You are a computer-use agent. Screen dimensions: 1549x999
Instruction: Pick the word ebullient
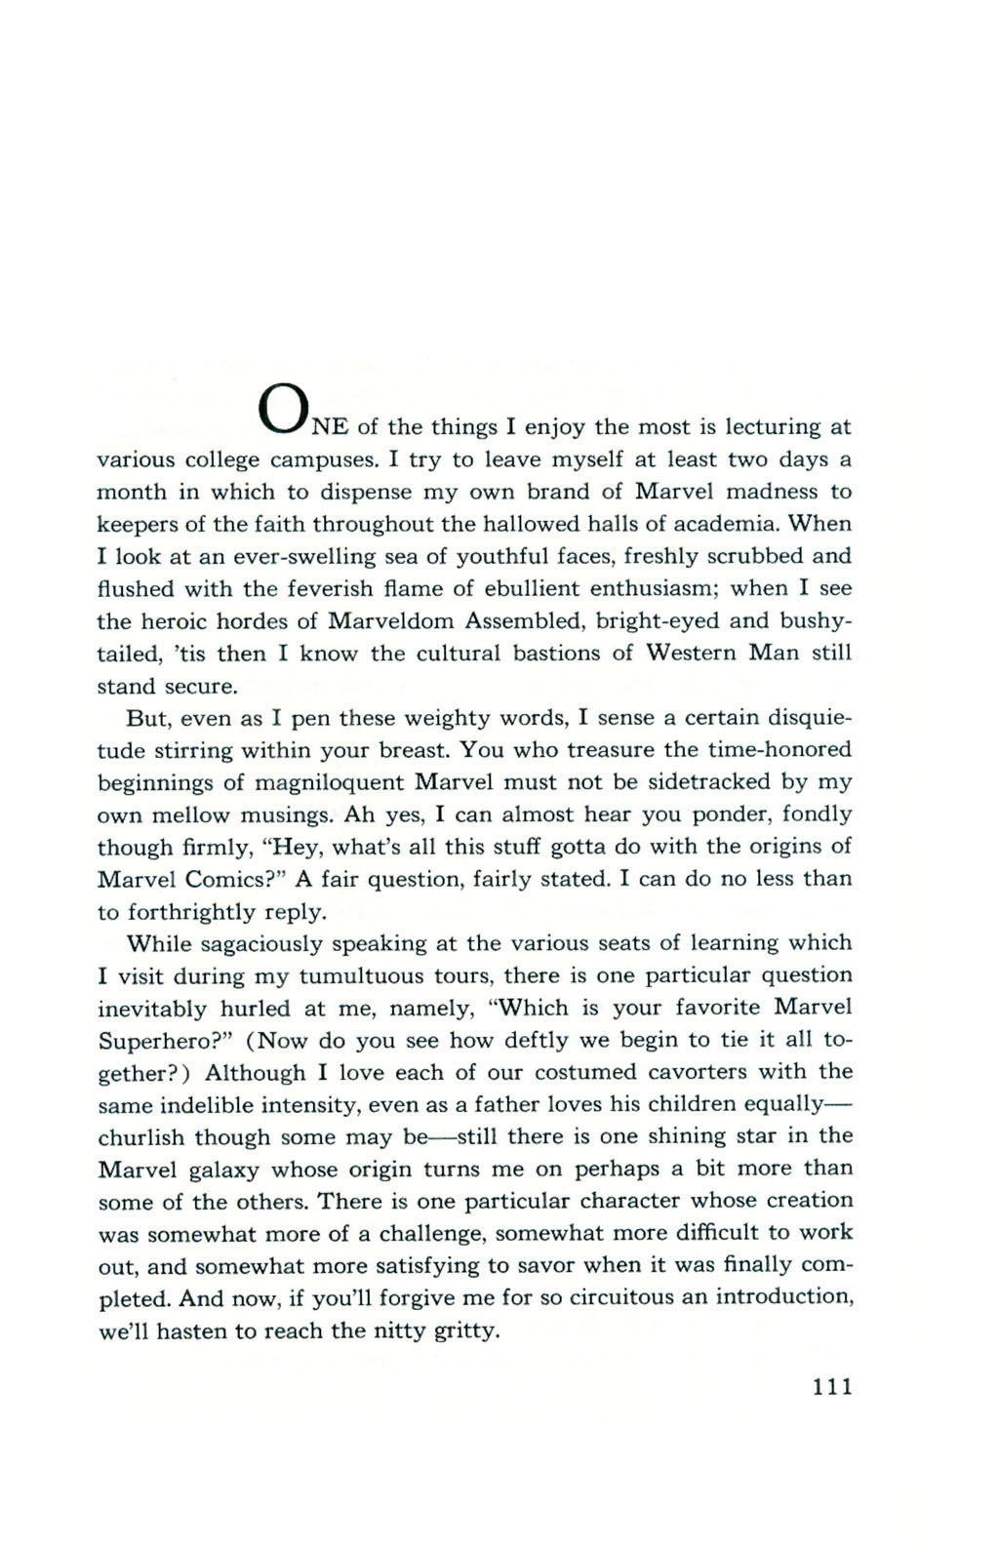pos(563,588)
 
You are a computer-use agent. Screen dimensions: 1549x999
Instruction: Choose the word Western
pos(691,654)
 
